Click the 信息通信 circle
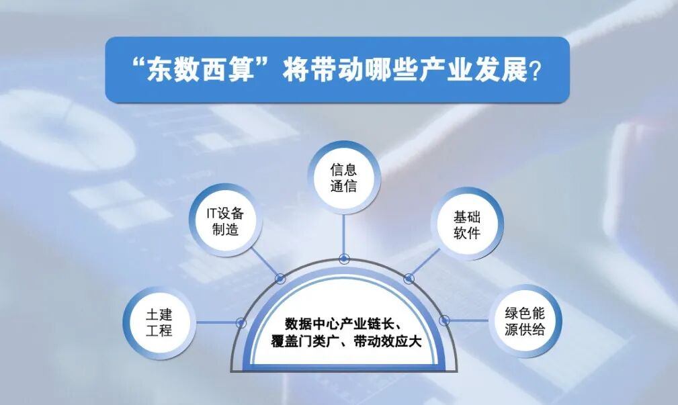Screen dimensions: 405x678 coord(343,178)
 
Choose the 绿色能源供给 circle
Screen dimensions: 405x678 coord(525,321)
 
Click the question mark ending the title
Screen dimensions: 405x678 coord(536,71)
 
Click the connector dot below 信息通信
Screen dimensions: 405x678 coord(344,259)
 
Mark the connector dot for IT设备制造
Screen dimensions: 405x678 coord(280,278)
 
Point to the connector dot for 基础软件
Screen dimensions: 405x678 coord(408,278)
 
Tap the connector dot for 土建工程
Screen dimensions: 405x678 coord(241,322)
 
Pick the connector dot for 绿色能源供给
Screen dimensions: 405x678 coord(444,320)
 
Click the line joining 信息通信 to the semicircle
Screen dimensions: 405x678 coord(344,235)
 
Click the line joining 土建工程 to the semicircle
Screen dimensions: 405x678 coord(215,322)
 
